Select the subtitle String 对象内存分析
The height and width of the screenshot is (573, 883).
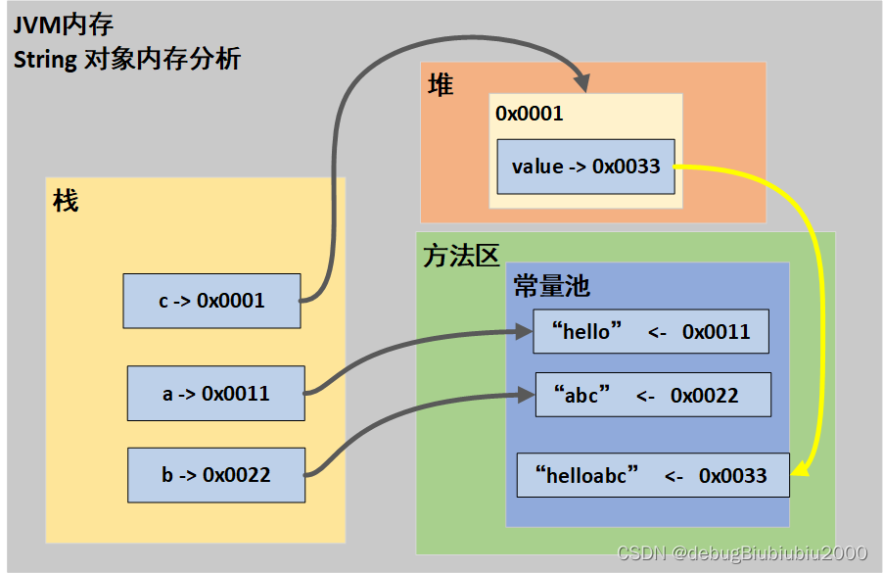pyautogui.click(x=127, y=59)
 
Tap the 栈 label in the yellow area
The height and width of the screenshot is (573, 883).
pyautogui.click(x=66, y=202)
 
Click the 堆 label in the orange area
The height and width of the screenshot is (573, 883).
pyautogui.click(x=441, y=86)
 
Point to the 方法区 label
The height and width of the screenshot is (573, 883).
pyautogui.click(x=461, y=257)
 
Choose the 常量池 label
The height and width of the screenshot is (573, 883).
pyautogui.click(x=552, y=286)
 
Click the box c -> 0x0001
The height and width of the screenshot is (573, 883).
pyautogui.click(x=211, y=301)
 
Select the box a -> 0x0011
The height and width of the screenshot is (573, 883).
pyautogui.click(x=215, y=394)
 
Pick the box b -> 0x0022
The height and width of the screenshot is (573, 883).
pyautogui.click(x=215, y=475)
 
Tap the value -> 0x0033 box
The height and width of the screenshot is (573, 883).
pyautogui.click(x=585, y=167)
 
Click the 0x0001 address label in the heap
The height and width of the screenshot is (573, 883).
pyautogui.click(x=530, y=114)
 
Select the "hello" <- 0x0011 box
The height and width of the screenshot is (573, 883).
pyautogui.click(x=650, y=332)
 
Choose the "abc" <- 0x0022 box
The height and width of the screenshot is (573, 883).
pyautogui.click(x=653, y=395)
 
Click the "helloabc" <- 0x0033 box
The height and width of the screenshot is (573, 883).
pyautogui.click(x=653, y=475)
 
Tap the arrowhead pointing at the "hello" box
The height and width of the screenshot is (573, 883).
pyautogui.click(x=524, y=332)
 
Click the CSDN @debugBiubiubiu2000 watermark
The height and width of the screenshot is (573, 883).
pyautogui.click(x=742, y=553)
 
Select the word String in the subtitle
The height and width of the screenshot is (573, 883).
pyautogui.click(x=45, y=59)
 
